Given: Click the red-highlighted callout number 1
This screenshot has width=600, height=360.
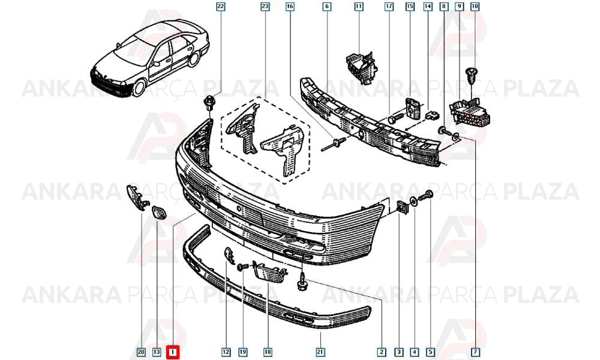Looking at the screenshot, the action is click(173, 352).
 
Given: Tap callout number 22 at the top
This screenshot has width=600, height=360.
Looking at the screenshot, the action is click(221, 7).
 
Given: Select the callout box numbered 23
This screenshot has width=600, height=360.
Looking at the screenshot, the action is click(265, 7).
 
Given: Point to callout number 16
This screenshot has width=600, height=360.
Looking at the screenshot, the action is click(290, 7).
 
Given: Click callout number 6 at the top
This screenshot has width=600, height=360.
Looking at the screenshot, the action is click(327, 7).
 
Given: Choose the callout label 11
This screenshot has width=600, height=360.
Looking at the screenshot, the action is click(359, 7).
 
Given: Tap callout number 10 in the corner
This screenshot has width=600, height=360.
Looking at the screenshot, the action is click(475, 7).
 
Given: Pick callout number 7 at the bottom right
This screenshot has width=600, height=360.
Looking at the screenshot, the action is click(476, 352).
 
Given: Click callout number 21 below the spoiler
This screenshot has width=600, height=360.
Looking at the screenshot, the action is click(320, 352).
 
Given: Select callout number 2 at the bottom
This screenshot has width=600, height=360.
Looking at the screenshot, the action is click(381, 352).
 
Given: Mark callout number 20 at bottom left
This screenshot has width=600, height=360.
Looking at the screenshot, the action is click(141, 352).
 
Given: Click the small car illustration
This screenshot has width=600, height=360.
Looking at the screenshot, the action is click(149, 58).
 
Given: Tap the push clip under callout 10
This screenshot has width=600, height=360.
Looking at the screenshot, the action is click(472, 76).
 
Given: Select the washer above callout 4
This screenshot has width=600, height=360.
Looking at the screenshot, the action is click(414, 200).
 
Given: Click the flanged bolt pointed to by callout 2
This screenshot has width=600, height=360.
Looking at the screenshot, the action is click(302, 281).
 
